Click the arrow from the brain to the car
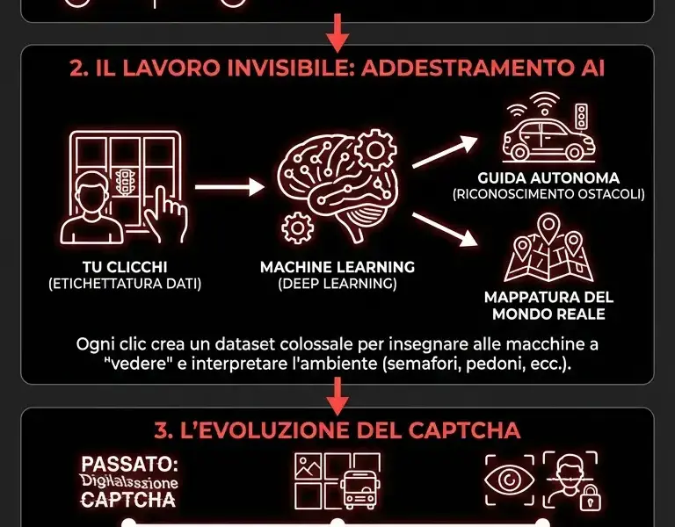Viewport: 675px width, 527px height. point(444,154)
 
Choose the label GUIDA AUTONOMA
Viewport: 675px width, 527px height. point(548,177)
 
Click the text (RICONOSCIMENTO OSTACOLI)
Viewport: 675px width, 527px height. point(548,194)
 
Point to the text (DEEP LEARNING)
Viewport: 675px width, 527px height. point(337,283)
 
